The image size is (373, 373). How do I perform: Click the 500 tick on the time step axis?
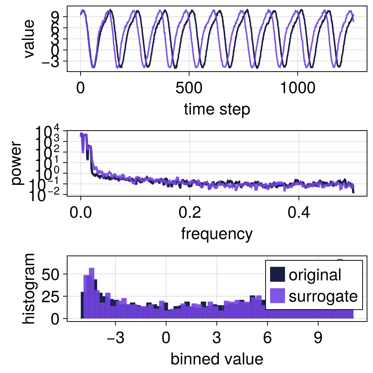[x=189, y=89]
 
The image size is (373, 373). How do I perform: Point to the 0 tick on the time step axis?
[x=81, y=89]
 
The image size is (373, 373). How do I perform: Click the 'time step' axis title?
[x=217, y=110]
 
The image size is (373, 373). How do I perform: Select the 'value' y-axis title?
[x=28, y=39]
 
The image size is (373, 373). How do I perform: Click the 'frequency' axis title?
[x=217, y=234]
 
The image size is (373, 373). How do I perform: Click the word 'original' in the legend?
[x=315, y=275]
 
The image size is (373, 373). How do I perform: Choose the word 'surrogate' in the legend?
[x=323, y=297]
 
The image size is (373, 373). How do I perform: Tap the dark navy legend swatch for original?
[x=277, y=275]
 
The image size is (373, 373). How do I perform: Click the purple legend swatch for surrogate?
[x=277, y=297]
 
